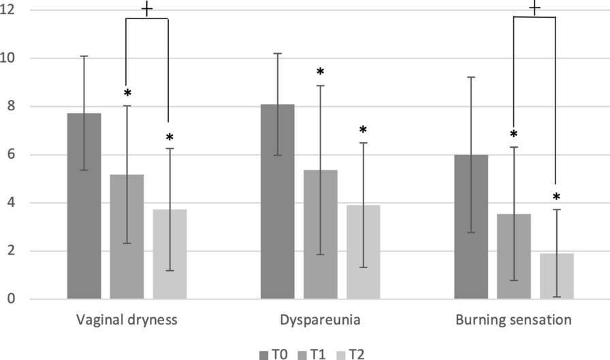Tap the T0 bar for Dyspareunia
278,201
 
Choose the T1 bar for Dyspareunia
321,234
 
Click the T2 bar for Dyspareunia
363,252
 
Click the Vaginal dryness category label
127,321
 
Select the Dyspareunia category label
320,321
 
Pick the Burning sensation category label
513,321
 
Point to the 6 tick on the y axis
11,154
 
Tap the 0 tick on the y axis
11,299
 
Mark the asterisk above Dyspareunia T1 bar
320,72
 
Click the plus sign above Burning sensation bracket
534,8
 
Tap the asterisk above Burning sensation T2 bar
556,197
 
